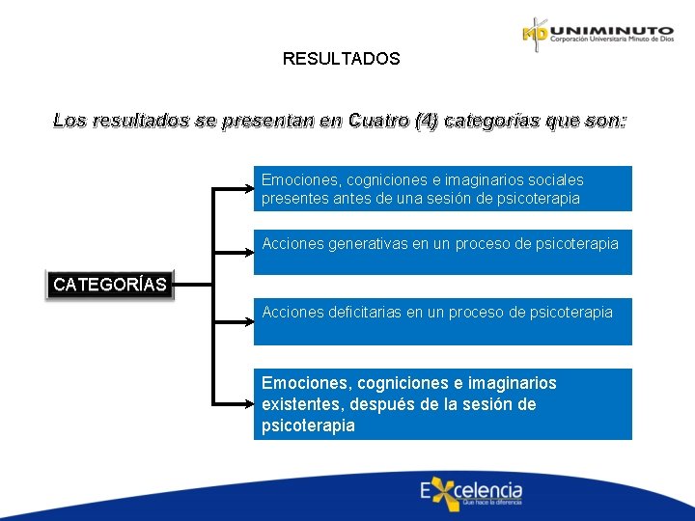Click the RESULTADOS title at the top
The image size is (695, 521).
tap(341, 59)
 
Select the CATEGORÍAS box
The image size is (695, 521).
tap(110, 285)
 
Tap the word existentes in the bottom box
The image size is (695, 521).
tap(300, 404)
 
